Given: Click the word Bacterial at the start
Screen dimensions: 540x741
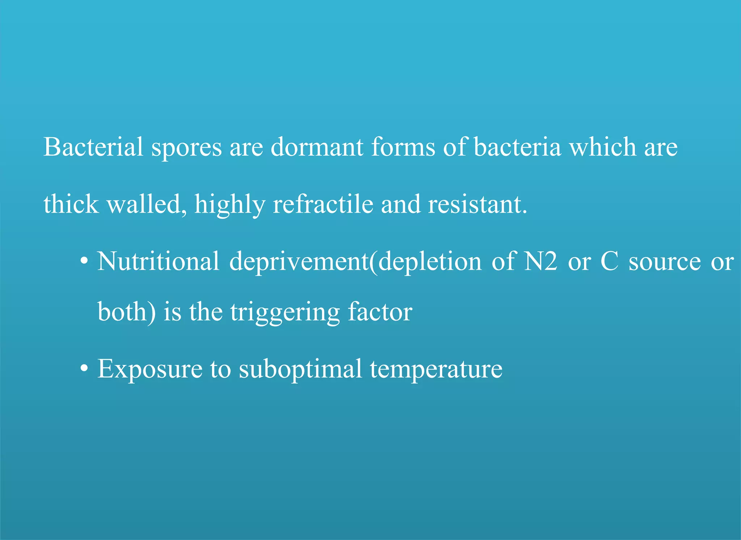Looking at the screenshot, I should click(93, 147).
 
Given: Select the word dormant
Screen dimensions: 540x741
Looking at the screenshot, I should click(317, 147).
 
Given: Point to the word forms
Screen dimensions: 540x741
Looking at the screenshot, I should click(403, 147).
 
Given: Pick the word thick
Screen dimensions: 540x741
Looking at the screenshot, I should click(71, 204).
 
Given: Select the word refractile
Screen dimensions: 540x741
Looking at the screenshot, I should click(323, 204).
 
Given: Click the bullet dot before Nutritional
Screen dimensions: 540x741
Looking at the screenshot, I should click(84, 261).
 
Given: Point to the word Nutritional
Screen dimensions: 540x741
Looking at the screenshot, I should click(158, 261).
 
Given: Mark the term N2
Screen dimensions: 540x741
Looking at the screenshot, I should click(541, 261).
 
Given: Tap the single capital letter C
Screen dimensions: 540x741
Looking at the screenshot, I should click(609, 261).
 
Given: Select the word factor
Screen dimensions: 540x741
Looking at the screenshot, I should click(380, 312).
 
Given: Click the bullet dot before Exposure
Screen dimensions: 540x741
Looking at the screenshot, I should click(84, 369).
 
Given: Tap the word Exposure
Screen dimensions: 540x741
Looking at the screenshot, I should click(150, 370).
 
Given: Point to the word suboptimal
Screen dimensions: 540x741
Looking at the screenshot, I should click(300, 370).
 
